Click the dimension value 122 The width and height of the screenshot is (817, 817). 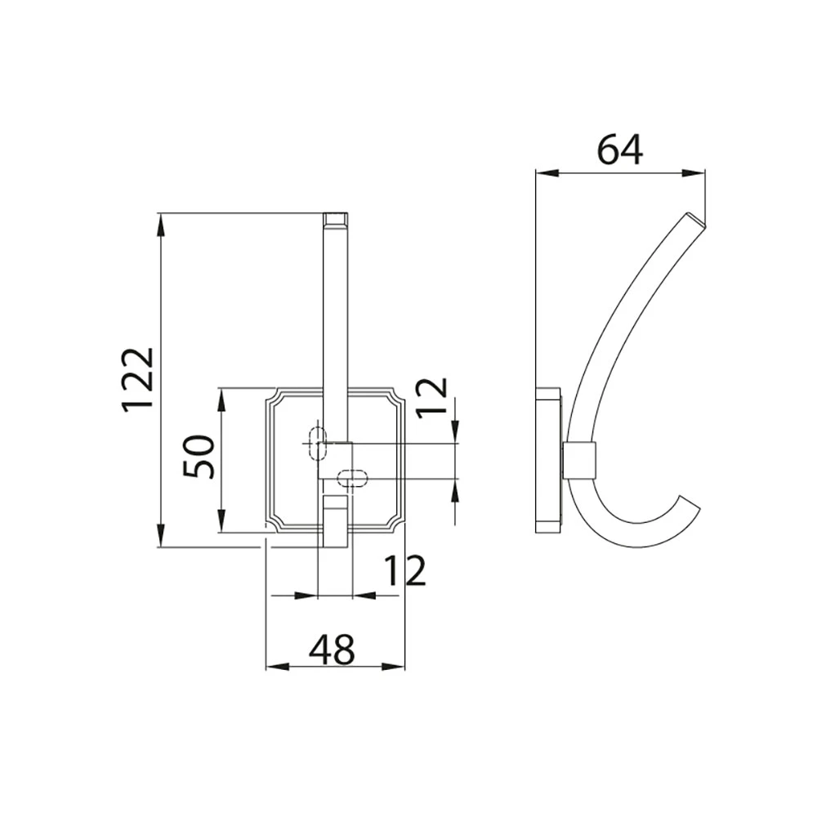coord(139,379)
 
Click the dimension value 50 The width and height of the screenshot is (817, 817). coord(199,457)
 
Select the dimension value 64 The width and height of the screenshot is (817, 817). coord(619,150)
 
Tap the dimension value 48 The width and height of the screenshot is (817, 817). coord(332,650)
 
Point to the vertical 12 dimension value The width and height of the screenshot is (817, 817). coord(432,395)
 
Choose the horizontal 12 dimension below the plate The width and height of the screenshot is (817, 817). coord(405,570)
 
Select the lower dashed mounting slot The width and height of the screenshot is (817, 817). coord(352,478)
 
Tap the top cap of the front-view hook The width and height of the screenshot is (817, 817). coord(336,221)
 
